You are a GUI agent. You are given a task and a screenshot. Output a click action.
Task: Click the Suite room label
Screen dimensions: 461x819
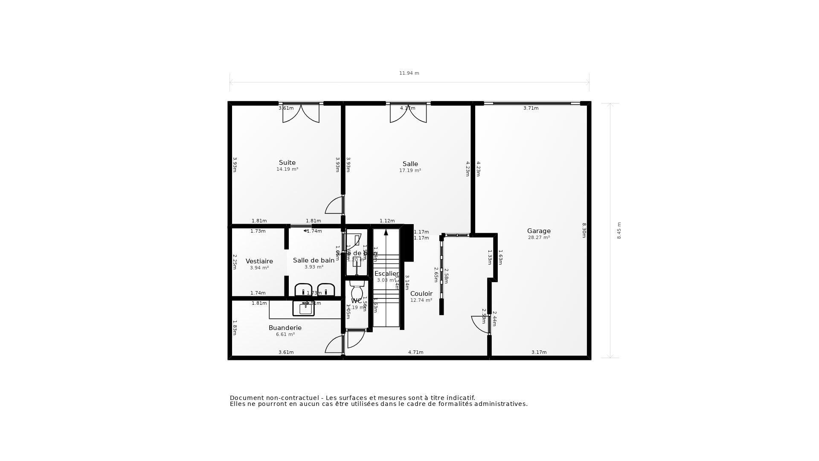[287, 163]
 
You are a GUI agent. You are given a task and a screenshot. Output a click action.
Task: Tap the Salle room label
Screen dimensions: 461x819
[410, 164]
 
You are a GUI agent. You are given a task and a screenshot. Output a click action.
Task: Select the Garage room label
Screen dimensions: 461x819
[539, 231]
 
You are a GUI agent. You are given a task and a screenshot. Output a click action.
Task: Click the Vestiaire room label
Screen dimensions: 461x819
[259, 261]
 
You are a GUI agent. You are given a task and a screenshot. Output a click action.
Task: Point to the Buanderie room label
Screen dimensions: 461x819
[285, 328]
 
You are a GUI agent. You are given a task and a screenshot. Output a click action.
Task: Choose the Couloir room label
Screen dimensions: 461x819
[421, 294]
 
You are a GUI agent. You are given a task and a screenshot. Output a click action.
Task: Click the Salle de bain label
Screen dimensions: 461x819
[314, 260]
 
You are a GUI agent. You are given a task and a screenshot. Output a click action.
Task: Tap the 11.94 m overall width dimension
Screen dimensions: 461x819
[409, 73]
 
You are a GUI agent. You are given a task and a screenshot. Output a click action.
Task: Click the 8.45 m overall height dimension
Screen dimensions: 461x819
[619, 230]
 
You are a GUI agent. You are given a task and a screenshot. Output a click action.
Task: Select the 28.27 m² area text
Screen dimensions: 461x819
[539, 238]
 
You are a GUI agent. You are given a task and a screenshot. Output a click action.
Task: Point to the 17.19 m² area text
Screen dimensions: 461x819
[410, 171]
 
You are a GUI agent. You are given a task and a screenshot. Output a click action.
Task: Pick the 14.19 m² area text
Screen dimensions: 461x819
[287, 169]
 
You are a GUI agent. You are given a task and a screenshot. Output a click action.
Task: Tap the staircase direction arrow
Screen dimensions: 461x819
[386, 232]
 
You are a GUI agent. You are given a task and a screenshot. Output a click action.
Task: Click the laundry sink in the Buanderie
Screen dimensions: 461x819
[304, 308]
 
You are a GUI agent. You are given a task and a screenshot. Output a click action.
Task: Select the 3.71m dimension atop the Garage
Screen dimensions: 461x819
[531, 108]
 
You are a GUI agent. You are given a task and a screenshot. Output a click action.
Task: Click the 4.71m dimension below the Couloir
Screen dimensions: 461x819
[415, 353]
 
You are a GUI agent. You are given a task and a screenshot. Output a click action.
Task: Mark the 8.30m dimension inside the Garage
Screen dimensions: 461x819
[584, 230]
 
